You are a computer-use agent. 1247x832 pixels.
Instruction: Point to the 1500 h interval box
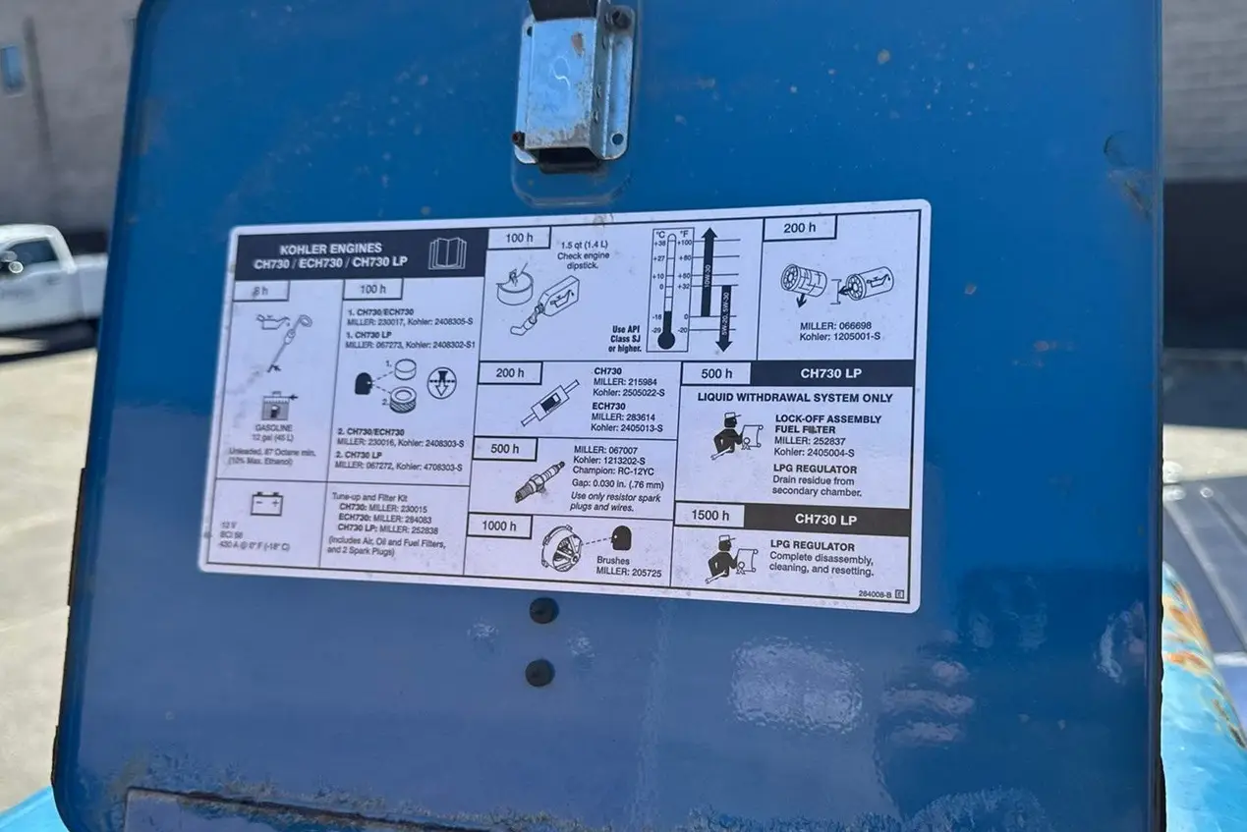tap(709, 516)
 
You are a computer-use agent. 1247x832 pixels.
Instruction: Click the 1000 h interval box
tap(498, 526)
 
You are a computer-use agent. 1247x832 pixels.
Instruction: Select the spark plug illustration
tap(539, 481)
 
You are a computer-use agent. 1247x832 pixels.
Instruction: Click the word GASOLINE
tap(275, 428)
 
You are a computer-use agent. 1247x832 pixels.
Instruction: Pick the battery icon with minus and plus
tap(266, 504)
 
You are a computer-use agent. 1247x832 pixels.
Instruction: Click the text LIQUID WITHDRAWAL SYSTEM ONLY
tap(795, 398)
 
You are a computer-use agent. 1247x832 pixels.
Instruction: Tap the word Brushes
tap(612, 560)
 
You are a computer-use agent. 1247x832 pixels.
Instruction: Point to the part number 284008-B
tap(875, 593)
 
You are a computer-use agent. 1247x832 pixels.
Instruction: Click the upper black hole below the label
tap(543, 611)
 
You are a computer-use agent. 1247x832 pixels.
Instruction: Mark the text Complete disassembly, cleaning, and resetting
tap(821, 564)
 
